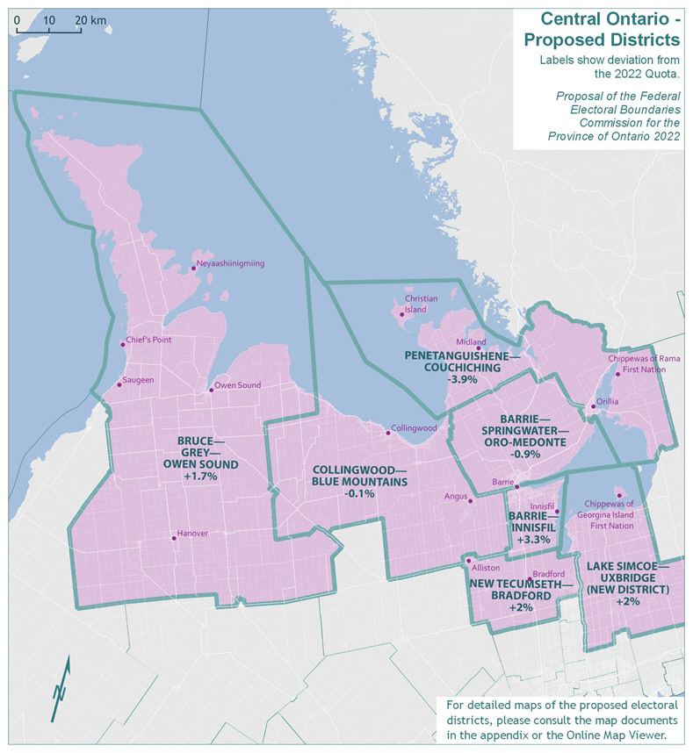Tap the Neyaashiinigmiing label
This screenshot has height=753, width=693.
coord(230,263)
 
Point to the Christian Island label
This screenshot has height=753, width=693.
coord(421,304)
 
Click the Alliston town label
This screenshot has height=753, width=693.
coord(487,567)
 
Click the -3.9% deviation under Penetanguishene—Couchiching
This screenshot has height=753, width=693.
coord(462,380)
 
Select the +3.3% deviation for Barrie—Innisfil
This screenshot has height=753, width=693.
coord(532,539)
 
